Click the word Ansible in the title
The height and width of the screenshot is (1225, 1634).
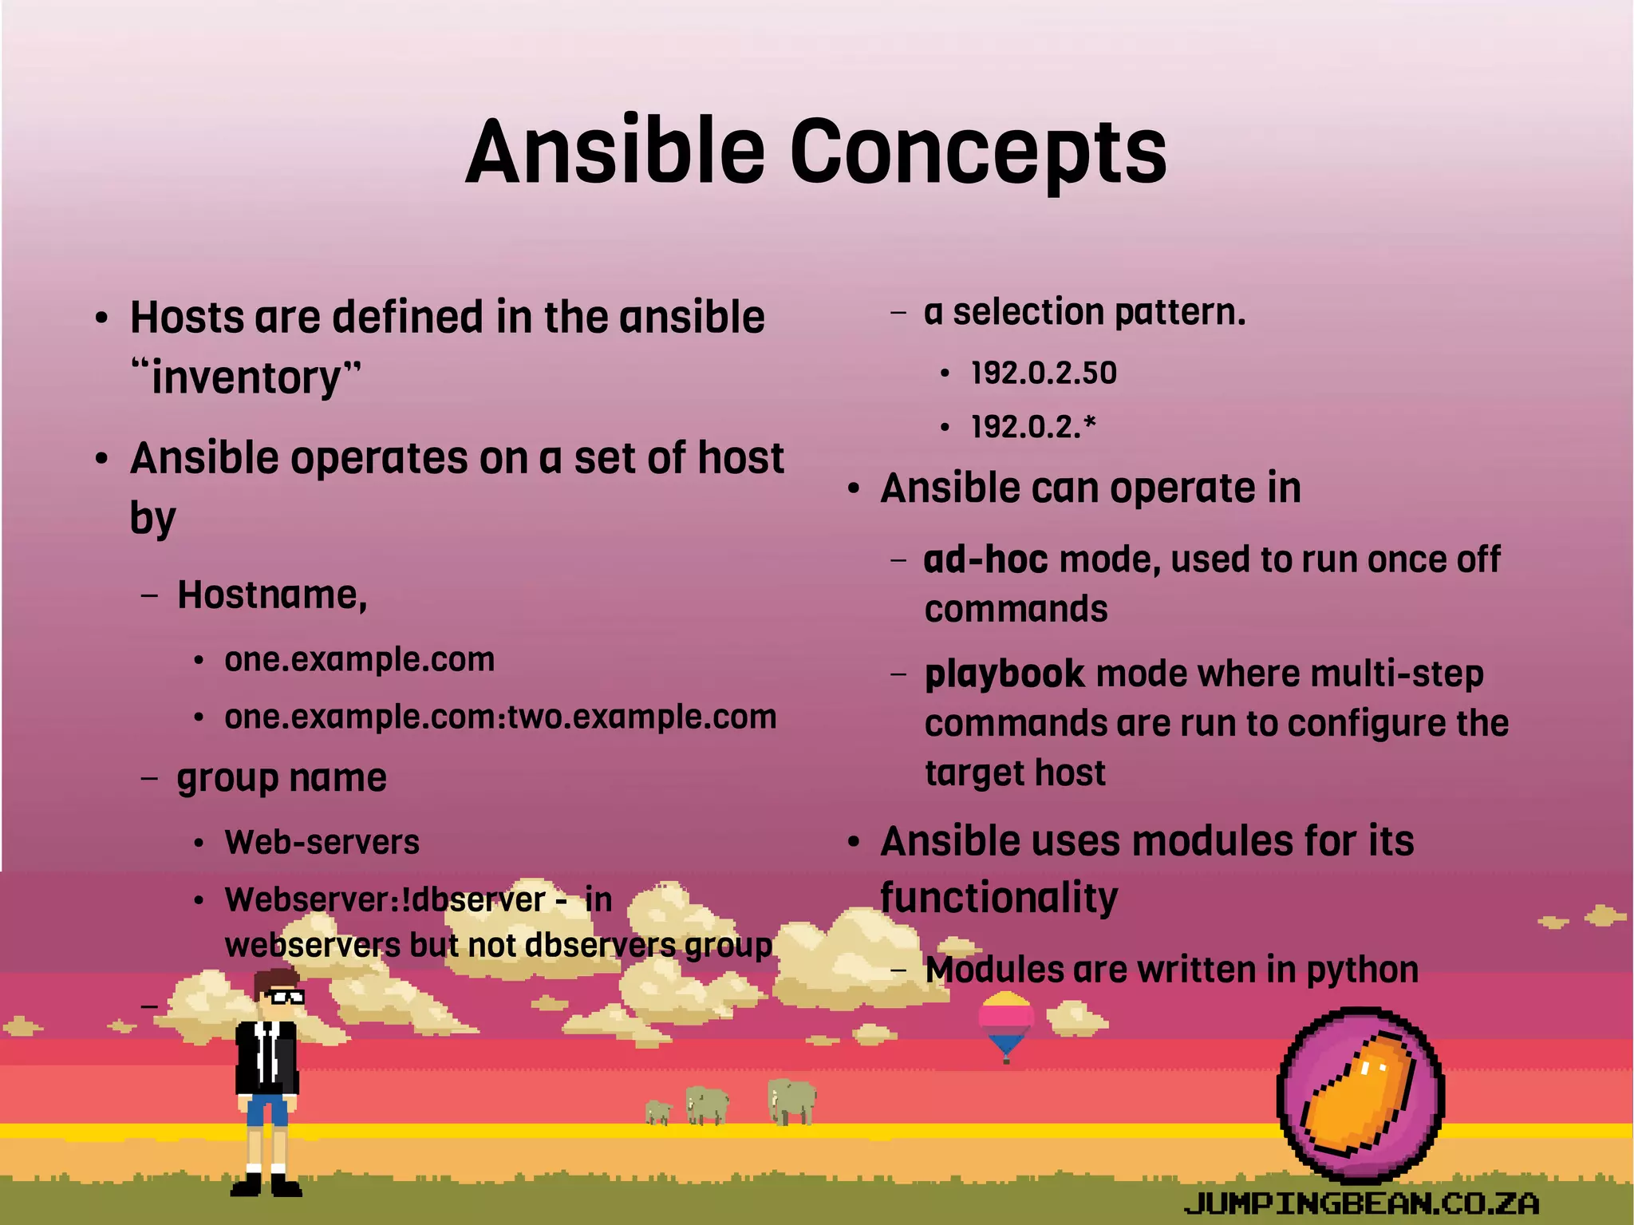tap(615, 152)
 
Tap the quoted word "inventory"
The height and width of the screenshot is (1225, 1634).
tap(246, 377)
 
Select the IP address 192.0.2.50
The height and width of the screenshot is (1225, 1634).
tap(1044, 373)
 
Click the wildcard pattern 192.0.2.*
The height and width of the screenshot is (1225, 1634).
tap(1033, 427)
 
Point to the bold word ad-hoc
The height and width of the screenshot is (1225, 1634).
tap(985, 559)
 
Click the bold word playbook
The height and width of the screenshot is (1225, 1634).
tap(1004, 674)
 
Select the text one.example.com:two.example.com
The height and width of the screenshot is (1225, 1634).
tap(500, 717)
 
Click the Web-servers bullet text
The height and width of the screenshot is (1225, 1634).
tap(322, 842)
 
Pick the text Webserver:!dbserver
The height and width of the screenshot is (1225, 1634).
tap(385, 900)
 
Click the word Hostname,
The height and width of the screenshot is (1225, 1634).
tap(272, 595)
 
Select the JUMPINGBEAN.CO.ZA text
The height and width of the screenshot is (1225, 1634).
tap(1361, 1203)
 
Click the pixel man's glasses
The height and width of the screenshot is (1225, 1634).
tap(283, 996)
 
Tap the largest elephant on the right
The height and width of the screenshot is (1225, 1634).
tap(791, 1101)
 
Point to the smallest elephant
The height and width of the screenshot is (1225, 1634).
tap(658, 1112)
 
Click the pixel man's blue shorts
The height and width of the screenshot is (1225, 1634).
tap(267, 1109)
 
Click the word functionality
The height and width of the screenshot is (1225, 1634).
tap(999, 898)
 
